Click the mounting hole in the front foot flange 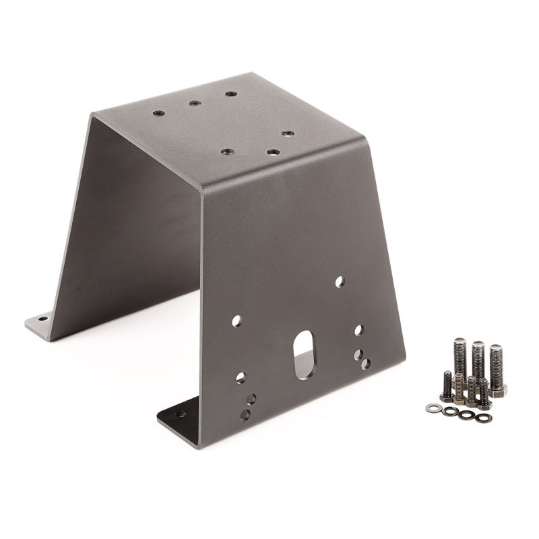tap(181, 414)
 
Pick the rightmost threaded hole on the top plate tap(286, 133)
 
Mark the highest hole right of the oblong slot tap(359, 329)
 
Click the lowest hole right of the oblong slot tap(365, 364)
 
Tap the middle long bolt tap(478, 360)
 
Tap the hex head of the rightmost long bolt tap(498, 390)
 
